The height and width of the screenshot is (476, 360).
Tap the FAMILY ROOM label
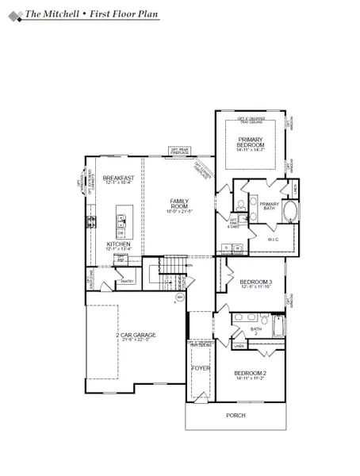pyautogui.click(x=181, y=203)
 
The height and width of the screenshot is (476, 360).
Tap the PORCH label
pyautogui.click(x=236, y=416)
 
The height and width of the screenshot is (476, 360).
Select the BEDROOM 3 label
pyautogui.click(x=255, y=282)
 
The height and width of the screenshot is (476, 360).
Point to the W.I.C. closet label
pyautogui.click(x=272, y=239)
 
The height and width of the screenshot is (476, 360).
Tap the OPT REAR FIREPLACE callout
pyautogui.click(x=178, y=149)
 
